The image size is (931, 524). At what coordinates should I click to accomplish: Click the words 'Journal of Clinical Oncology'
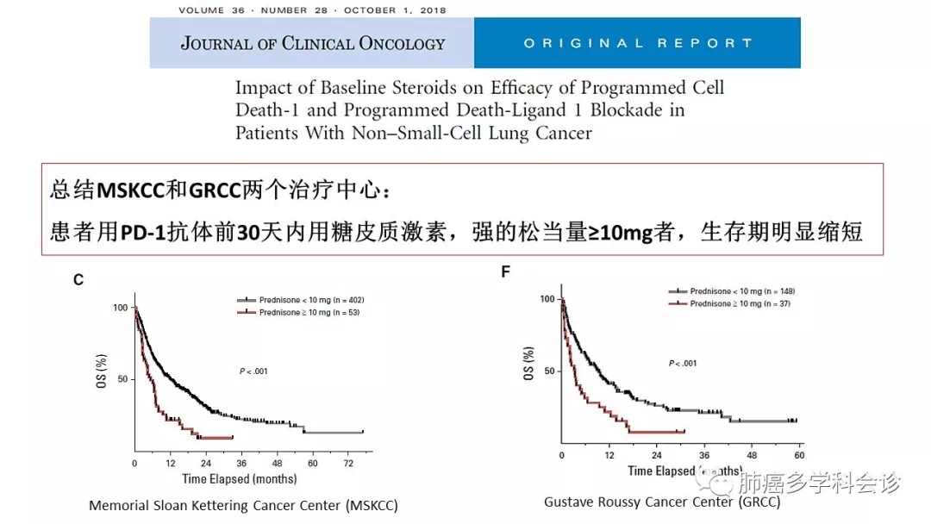pos(312,43)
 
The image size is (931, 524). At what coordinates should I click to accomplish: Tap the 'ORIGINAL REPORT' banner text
pos(637,43)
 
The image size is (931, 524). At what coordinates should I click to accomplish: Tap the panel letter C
pos(78,279)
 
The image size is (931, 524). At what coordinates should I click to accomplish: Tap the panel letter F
pos(506,272)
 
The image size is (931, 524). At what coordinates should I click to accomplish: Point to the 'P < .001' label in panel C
pos(253,371)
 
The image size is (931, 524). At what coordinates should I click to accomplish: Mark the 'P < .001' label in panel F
pos(683,363)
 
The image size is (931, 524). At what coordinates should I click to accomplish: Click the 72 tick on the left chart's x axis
pos(348,464)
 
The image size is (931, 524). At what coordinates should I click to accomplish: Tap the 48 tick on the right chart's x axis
pos(751,455)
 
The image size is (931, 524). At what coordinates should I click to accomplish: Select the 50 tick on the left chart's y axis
pos(121,379)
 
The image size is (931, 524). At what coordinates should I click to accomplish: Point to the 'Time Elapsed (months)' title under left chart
pos(239,478)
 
